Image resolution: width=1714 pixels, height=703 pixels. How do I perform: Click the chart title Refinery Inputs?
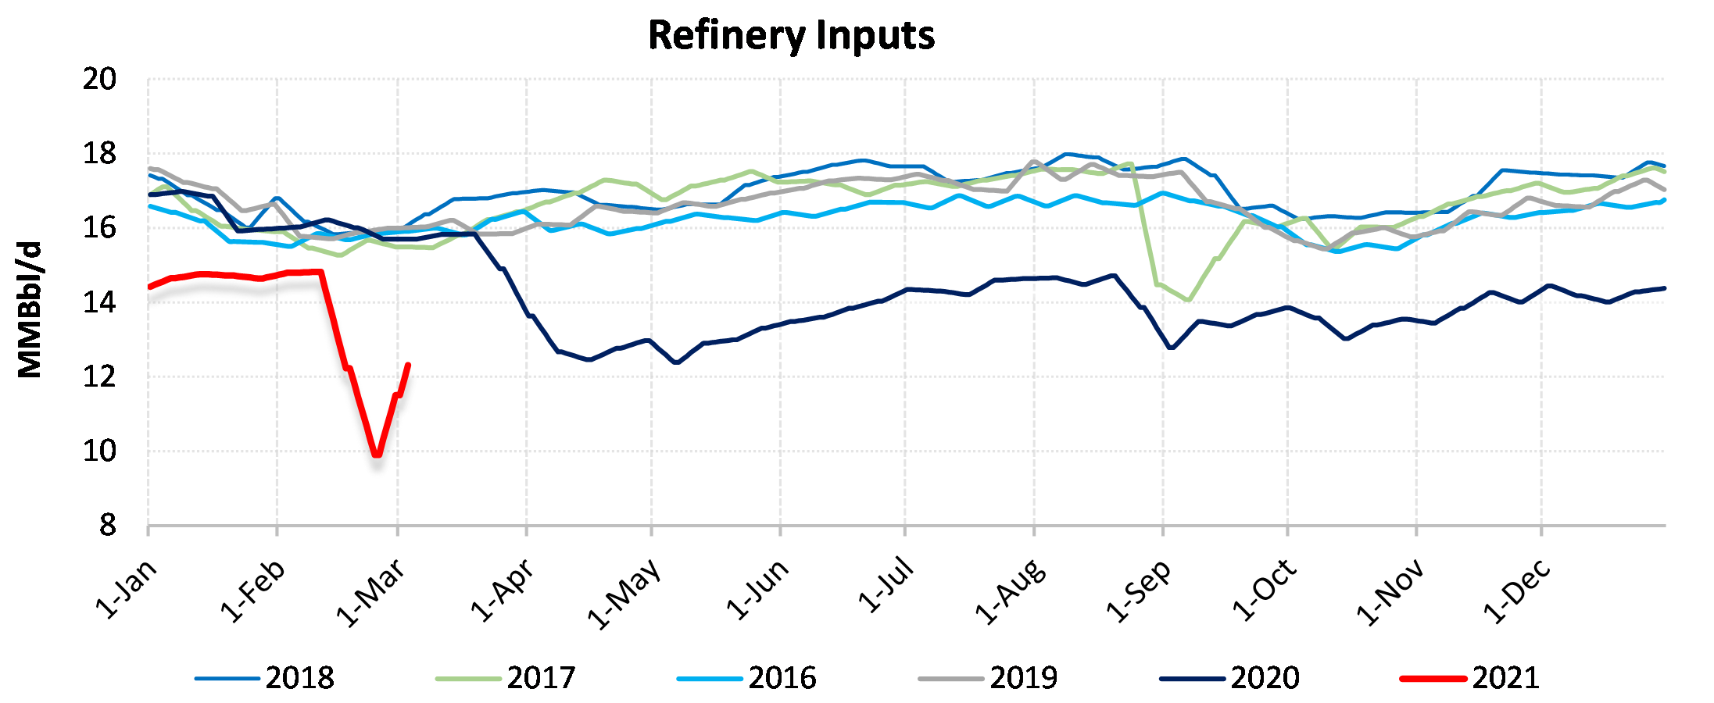pos(791,36)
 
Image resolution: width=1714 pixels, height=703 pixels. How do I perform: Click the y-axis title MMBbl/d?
pos(30,310)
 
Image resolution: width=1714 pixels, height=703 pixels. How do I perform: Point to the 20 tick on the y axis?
pos(99,80)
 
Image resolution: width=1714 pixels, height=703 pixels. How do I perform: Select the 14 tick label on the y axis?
pos(99,303)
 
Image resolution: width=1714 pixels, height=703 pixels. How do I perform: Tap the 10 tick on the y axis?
pos(99,451)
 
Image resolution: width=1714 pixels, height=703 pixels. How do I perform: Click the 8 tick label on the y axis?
pos(107,526)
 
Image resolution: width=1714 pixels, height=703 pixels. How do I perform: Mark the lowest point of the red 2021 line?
pos(378,454)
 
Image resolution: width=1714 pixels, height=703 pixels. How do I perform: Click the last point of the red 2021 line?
pos(408,365)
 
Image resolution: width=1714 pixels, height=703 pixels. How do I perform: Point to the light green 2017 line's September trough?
pos(1188,300)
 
